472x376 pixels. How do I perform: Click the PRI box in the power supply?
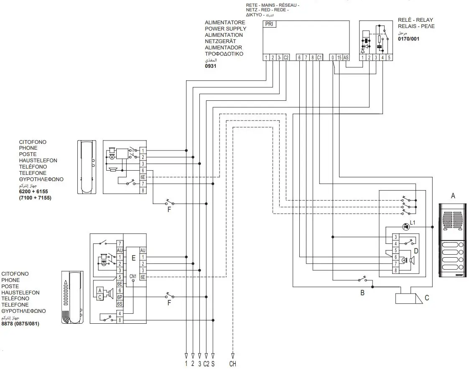(270, 24)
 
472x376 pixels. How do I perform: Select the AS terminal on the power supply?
(346, 58)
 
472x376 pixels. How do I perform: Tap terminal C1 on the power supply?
(319, 58)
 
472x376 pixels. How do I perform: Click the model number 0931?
(211, 66)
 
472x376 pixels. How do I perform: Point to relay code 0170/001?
(408, 39)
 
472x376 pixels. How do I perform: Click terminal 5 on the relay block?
(389, 58)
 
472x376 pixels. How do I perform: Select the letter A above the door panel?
(452, 196)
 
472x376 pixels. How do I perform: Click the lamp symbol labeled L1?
(405, 227)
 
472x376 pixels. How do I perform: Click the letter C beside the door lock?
(427, 298)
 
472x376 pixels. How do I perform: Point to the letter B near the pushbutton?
(362, 293)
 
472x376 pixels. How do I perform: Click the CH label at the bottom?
(233, 364)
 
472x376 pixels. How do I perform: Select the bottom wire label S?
(213, 364)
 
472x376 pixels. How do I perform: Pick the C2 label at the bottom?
(206, 364)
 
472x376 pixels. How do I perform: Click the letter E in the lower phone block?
(133, 258)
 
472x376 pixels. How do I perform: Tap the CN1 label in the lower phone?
(133, 276)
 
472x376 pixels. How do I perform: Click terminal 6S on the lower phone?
(120, 304)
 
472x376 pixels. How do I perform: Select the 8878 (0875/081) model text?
(20, 324)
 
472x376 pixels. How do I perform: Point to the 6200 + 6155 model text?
(33, 191)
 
